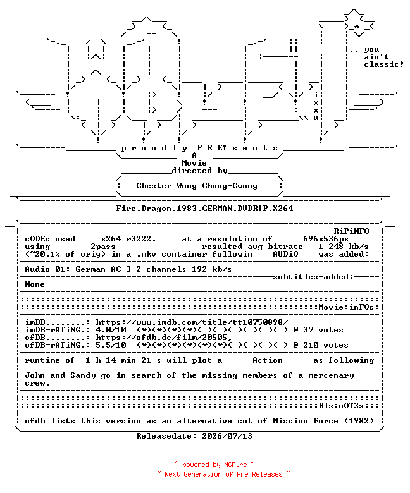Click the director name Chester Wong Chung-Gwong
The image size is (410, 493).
[x=197, y=186]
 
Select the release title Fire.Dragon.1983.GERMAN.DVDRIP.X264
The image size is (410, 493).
[x=204, y=209]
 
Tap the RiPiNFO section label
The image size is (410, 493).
[x=351, y=231]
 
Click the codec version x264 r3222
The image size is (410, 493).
[x=128, y=239]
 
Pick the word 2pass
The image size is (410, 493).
[x=103, y=246]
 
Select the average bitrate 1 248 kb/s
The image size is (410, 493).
[x=344, y=246]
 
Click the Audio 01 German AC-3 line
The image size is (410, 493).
[x=128, y=269]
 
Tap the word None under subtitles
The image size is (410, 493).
[x=35, y=284]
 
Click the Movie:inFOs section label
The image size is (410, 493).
[x=346, y=307]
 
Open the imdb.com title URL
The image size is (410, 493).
[x=192, y=322]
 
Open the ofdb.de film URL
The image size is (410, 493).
[x=164, y=338]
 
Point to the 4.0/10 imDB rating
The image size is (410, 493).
[x=111, y=330]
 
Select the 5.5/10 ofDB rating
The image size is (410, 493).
[x=111, y=345]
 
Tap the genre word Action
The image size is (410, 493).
[x=268, y=360]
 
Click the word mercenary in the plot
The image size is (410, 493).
[x=331, y=375]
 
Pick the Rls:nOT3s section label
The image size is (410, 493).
[x=341, y=406]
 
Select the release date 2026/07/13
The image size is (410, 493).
[x=227, y=436]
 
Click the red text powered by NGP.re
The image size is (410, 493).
[x=214, y=465]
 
